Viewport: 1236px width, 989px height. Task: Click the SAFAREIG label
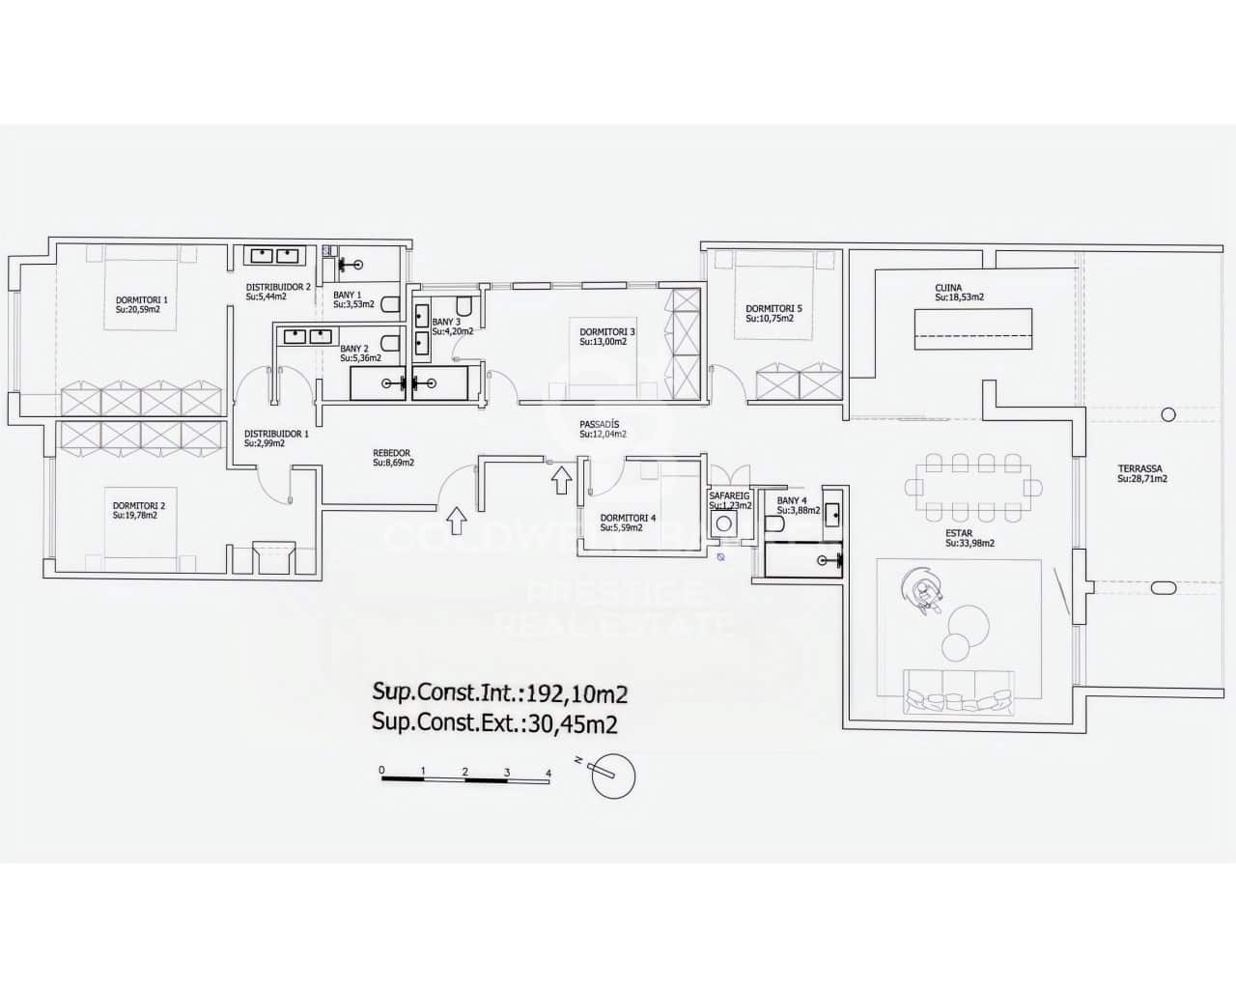point(730,494)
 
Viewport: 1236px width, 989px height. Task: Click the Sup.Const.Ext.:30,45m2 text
point(495,721)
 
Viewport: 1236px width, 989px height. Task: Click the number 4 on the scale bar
point(548,773)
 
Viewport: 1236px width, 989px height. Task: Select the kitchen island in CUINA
point(973,328)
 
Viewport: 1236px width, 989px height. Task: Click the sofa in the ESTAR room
point(958,692)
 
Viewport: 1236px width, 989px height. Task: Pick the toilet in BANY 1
point(391,304)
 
